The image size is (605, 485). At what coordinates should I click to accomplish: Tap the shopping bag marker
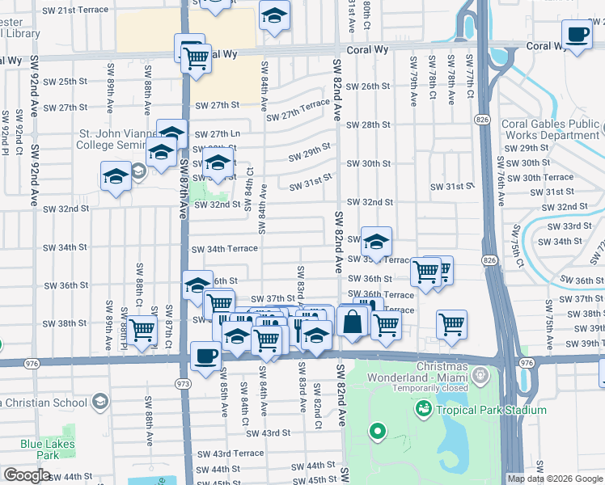[353, 321]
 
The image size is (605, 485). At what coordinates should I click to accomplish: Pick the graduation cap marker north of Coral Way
[274, 15]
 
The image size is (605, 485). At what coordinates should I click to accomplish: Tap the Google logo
[27, 475]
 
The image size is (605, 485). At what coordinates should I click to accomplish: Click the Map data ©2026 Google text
[555, 479]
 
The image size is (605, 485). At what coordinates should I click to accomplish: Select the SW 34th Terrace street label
[224, 249]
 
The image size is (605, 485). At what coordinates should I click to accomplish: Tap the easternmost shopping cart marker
[451, 323]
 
